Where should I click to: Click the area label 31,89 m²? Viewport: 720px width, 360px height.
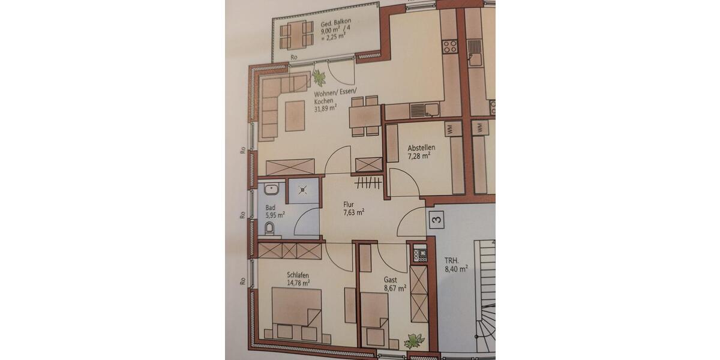(x=325, y=108)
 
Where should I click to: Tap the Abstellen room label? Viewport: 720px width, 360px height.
(x=421, y=148)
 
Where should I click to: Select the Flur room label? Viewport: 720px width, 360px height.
(x=349, y=204)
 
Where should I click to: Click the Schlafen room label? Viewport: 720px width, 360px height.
(x=298, y=275)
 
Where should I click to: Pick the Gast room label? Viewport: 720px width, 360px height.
(x=391, y=280)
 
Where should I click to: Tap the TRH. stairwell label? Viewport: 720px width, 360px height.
(x=451, y=261)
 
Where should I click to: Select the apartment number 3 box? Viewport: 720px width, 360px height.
(x=436, y=220)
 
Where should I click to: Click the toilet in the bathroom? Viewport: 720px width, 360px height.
(x=268, y=228)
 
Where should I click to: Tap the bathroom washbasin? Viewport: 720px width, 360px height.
(x=271, y=190)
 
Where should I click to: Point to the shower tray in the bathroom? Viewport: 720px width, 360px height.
(x=302, y=190)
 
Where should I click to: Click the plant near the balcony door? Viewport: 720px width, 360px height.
(x=319, y=77)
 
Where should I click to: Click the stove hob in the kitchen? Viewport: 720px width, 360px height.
(x=449, y=46)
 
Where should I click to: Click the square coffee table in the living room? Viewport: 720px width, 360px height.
(x=297, y=115)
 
